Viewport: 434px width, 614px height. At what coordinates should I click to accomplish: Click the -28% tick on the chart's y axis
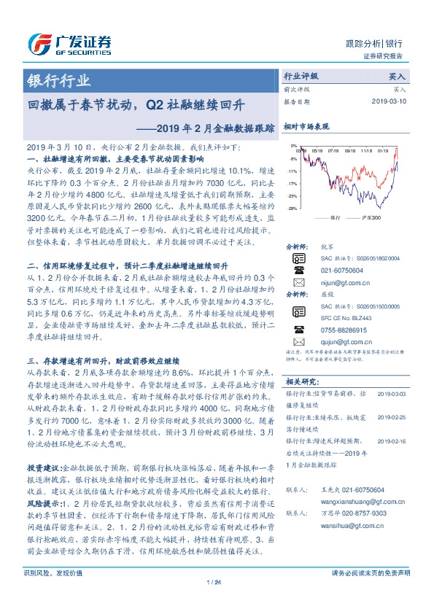coord(292,209)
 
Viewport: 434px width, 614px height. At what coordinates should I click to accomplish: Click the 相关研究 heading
coord(301,381)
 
